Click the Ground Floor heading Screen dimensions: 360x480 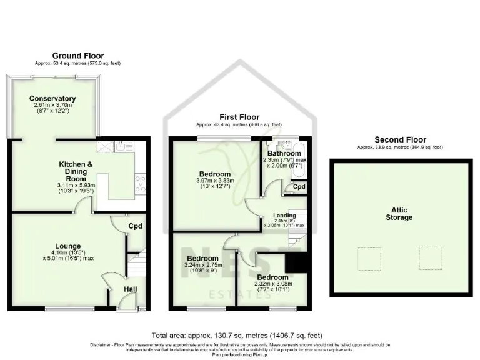click(x=78, y=56)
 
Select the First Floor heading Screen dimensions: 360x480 click(x=240, y=117)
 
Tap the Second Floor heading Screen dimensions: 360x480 click(x=400, y=139)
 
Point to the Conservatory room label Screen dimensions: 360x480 click(x=52, y=98)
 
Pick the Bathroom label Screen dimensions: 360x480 click(x=284, y=153)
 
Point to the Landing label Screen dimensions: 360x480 click(x=285, y=216)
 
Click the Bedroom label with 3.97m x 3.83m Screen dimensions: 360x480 click(x=214, y=174)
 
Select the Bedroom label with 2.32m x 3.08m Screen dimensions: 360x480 click(x=272, y=277)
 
